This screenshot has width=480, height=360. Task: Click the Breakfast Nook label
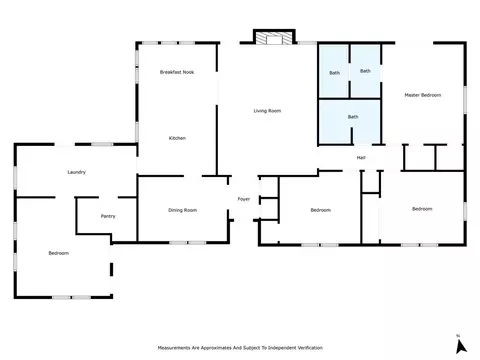(x=177, y=72)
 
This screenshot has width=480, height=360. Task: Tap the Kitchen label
(x=177, y=138)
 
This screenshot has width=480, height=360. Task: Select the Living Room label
(x=267, y=111)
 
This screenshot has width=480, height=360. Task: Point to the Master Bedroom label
(x=423, y=95)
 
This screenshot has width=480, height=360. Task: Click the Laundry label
(x=77, y=172)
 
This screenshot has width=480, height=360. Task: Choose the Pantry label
(x=108, y=216)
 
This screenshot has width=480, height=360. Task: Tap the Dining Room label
(x=182, y=210)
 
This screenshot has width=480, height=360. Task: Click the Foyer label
(x=244, y=199)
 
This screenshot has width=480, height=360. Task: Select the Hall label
(x=361, y=157)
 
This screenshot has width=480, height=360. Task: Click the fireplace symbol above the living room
(x=274, y=37)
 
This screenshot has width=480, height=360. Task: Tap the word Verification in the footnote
(x=310, y=348)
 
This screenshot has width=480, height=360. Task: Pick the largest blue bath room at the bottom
(x=350, y=122)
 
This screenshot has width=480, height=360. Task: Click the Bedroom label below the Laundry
(x=59, y=253)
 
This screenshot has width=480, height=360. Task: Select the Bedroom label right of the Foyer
(x=321, y=210)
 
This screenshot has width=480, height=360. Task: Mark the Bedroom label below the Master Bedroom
(x=422, y=209)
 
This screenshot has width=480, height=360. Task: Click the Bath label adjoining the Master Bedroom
(x=365, y=71)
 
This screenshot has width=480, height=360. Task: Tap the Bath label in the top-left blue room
(x=335, y=73)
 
